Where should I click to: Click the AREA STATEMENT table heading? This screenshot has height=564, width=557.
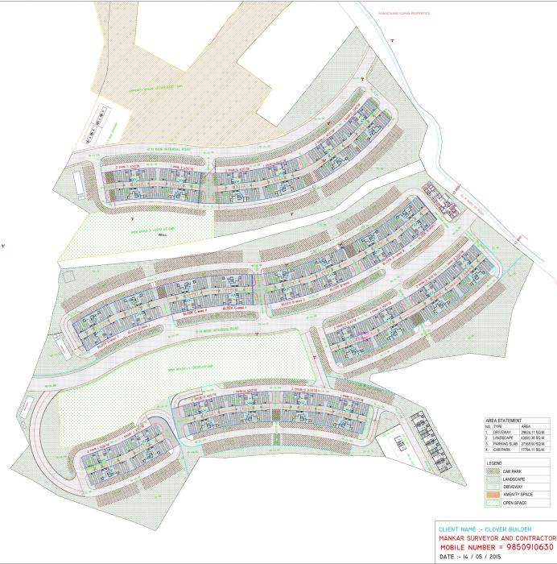504,421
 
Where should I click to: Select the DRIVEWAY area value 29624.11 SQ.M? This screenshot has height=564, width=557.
534,432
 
